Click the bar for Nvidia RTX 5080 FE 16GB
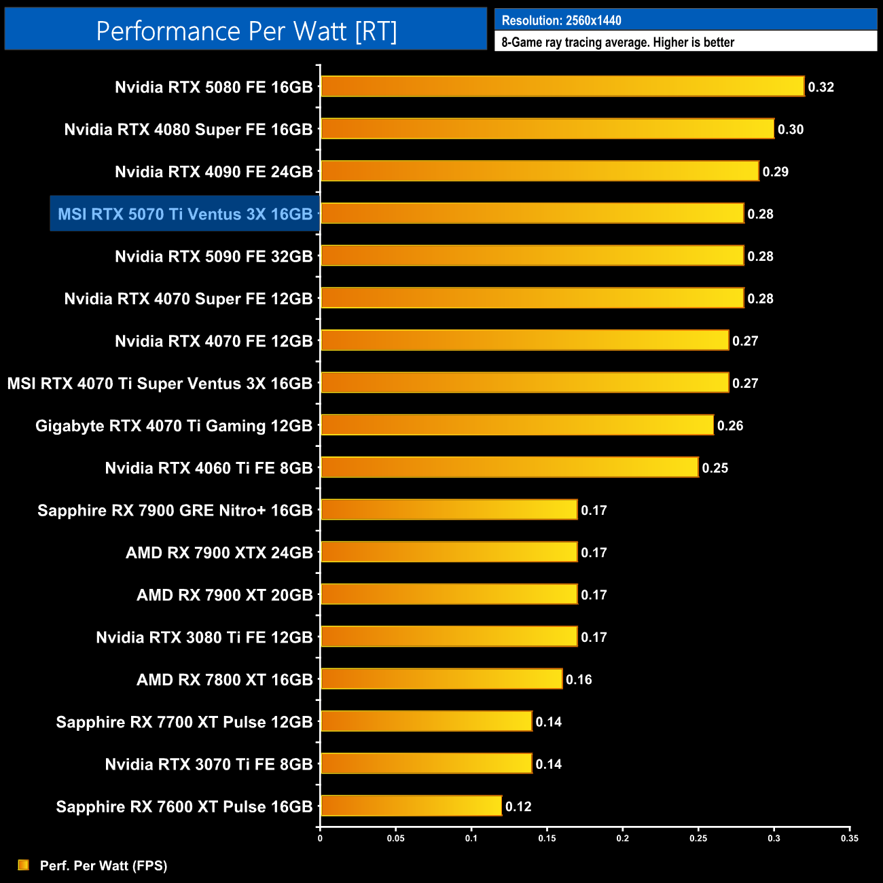562,86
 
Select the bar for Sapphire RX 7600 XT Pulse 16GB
411,806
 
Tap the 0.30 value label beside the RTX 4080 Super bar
791,130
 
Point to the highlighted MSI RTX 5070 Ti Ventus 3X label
185,214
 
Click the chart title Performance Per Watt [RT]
246,31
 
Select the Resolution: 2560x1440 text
561,20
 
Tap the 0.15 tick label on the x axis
547,838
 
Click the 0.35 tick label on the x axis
849,838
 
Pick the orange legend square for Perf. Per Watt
24,865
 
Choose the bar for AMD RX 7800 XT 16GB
441,679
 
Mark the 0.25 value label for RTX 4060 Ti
715,468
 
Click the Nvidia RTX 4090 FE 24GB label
213,172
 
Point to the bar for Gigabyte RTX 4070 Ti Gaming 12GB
517,425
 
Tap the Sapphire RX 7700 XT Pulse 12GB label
184,722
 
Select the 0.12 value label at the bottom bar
518,806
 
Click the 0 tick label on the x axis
320,838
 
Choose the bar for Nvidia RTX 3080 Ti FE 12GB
449,636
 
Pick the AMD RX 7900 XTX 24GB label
219,553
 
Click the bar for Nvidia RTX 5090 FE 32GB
532,255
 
